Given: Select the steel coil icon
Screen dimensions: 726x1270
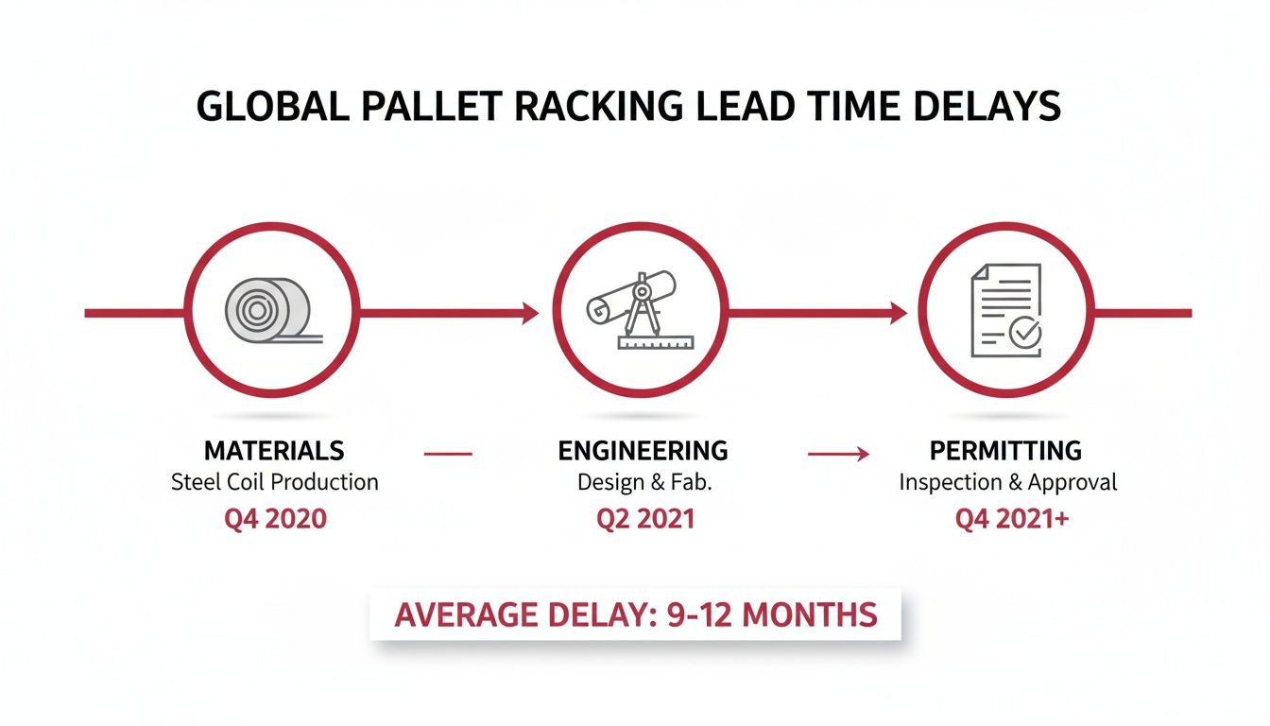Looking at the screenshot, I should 268,309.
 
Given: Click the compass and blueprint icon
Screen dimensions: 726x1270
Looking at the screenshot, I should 636,310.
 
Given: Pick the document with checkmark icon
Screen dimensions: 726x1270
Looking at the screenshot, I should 1004,310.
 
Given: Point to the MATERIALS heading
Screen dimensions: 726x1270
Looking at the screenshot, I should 274,449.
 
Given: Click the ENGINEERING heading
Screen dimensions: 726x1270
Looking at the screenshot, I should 643,449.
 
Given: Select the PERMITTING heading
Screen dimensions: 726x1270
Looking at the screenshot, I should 1005,449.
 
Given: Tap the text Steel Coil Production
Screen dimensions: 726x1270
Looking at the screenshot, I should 274,482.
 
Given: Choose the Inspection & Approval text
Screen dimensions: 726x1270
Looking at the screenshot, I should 1007,482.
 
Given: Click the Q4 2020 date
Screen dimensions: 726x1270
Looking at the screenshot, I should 275,518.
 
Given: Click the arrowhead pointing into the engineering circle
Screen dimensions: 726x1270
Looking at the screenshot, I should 530,313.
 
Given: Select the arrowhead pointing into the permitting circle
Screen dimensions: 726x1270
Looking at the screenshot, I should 898,313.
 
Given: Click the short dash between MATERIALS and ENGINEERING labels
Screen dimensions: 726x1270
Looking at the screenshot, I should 448,455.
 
